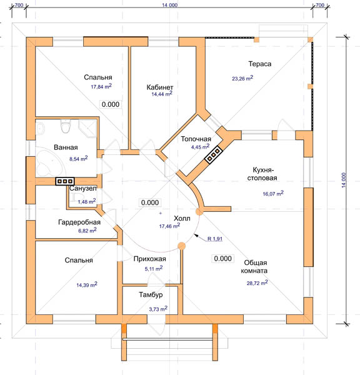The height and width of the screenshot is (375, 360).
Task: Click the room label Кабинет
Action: [160, 87]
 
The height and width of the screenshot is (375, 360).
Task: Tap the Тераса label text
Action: [260, 64]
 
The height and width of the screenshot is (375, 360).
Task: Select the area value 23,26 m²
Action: [242, 78]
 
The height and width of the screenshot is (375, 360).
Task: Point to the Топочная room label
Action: [196, 139]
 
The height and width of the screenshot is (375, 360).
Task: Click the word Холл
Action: [182, 218]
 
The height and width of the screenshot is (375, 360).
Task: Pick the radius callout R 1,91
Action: [215, 239]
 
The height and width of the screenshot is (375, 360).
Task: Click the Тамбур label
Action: [151, 295]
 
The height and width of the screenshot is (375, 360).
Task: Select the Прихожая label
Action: [150, 259]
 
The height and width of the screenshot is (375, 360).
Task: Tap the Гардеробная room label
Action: [79, 222]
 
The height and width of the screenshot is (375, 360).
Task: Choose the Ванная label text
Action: [66, 147]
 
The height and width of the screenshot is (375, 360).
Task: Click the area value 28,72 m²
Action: [257, 283]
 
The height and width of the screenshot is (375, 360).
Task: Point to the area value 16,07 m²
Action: [273, 193]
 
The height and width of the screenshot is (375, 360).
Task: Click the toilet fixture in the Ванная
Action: [65, 126]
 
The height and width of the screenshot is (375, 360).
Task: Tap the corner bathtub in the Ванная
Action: [49, 162]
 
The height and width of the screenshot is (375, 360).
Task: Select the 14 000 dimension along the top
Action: [169, 5]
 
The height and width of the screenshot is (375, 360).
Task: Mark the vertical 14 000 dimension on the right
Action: [344, 180]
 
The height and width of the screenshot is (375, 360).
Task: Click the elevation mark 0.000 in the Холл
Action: [150, 202]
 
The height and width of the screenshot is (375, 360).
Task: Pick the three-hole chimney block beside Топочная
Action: [214, 154]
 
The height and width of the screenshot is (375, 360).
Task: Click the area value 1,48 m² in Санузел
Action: [87, 201]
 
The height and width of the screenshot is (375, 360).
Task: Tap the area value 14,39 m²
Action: [87, 284]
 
